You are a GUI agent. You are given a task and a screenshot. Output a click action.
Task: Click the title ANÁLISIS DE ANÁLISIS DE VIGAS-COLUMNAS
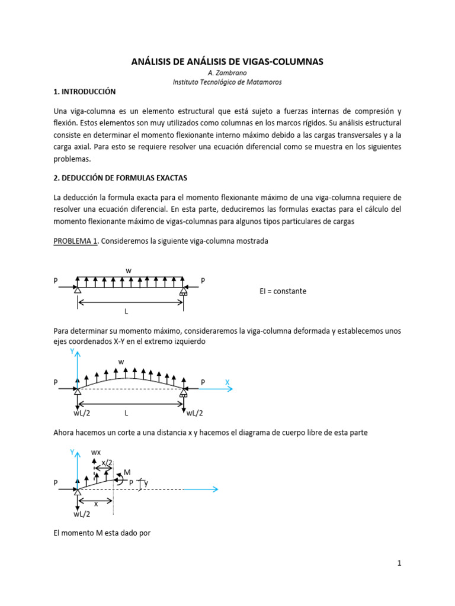(227, 62)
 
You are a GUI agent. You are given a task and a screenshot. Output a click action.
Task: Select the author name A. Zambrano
(227, 73)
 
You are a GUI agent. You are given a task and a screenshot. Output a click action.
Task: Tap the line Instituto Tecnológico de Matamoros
(227, 82)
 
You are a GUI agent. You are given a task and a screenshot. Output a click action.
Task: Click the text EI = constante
(283, 291)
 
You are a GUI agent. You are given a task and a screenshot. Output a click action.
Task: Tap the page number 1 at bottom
(399, 563)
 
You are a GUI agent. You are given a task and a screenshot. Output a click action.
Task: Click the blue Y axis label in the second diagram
(72, 351)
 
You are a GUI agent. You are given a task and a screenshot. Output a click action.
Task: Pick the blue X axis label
(227, 383)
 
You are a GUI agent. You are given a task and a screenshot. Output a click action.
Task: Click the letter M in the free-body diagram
(127, 472)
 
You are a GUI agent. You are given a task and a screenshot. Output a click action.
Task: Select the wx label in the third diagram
(96, 453)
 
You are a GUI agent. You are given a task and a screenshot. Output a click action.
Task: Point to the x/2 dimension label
(107, 462)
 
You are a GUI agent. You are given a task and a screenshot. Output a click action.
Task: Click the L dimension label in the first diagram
(126, 311)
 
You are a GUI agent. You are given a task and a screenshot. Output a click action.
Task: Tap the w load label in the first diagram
(129, 270)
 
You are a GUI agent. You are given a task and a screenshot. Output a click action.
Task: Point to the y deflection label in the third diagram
(146, 483)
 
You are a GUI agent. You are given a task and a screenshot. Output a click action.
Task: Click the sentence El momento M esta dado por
(102, 533)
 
